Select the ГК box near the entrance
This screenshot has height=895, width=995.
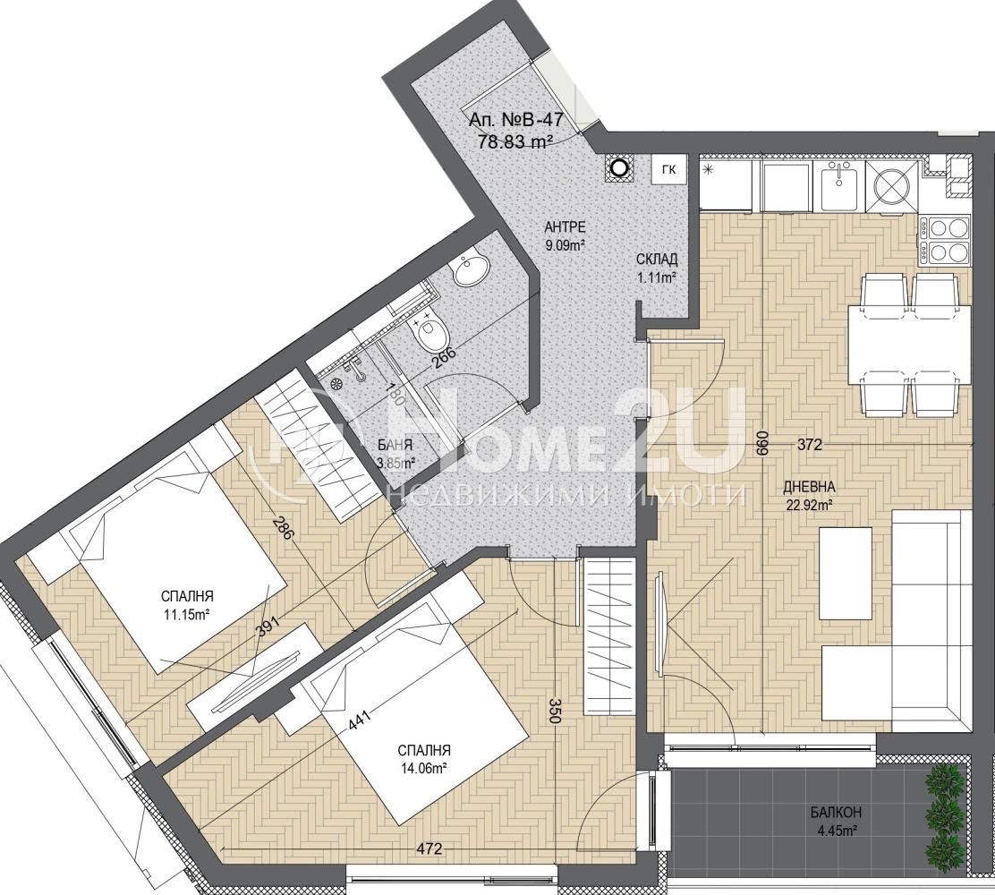668,169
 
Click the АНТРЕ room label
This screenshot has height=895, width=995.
565,227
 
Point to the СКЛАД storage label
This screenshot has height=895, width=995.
658,259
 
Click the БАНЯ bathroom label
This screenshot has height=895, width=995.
395,445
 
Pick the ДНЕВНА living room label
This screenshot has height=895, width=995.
808,488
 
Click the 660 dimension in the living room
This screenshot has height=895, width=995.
762,442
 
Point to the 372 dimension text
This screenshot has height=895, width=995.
809,446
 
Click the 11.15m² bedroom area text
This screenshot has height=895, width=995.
186,615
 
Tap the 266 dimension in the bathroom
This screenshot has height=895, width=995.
446,360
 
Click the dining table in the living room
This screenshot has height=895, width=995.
910,345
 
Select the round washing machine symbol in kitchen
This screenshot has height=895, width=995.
892,185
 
